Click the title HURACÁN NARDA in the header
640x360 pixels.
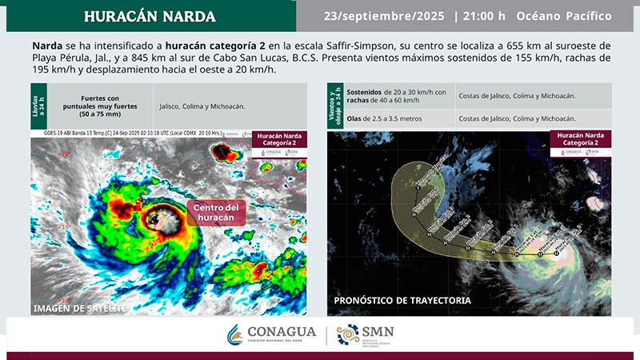(150, 16)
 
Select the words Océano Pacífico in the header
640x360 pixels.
(564, 16)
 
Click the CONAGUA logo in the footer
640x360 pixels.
(272, 334)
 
